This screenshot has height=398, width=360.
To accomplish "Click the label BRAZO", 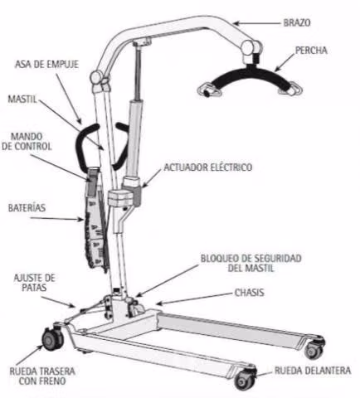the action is [297, 22].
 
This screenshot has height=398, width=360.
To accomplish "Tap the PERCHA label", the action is [311, 51].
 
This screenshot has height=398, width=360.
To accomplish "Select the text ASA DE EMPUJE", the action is [46, 64].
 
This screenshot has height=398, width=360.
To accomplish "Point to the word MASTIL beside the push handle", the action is [22, 99].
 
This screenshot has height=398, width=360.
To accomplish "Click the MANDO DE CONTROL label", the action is [27, 141].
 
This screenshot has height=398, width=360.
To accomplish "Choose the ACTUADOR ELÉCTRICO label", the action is [208, 167].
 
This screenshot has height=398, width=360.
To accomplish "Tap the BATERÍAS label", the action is [27, 208].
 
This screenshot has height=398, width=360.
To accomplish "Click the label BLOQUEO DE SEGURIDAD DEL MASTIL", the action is [251, 263].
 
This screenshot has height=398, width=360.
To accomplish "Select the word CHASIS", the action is [250, 293].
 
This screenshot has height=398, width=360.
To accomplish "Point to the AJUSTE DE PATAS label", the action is [34, 283].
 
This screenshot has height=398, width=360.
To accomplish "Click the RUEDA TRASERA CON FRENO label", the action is [42, 376].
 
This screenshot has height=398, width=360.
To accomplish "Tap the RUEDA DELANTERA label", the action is [313, 371].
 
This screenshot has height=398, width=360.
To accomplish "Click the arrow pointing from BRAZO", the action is [257, 23].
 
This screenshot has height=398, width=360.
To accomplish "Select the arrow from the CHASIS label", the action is [194, 298].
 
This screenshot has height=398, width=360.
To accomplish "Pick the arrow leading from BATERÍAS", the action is [56, 219].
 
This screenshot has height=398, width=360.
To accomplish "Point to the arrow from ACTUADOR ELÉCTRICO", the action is [151, 178].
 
